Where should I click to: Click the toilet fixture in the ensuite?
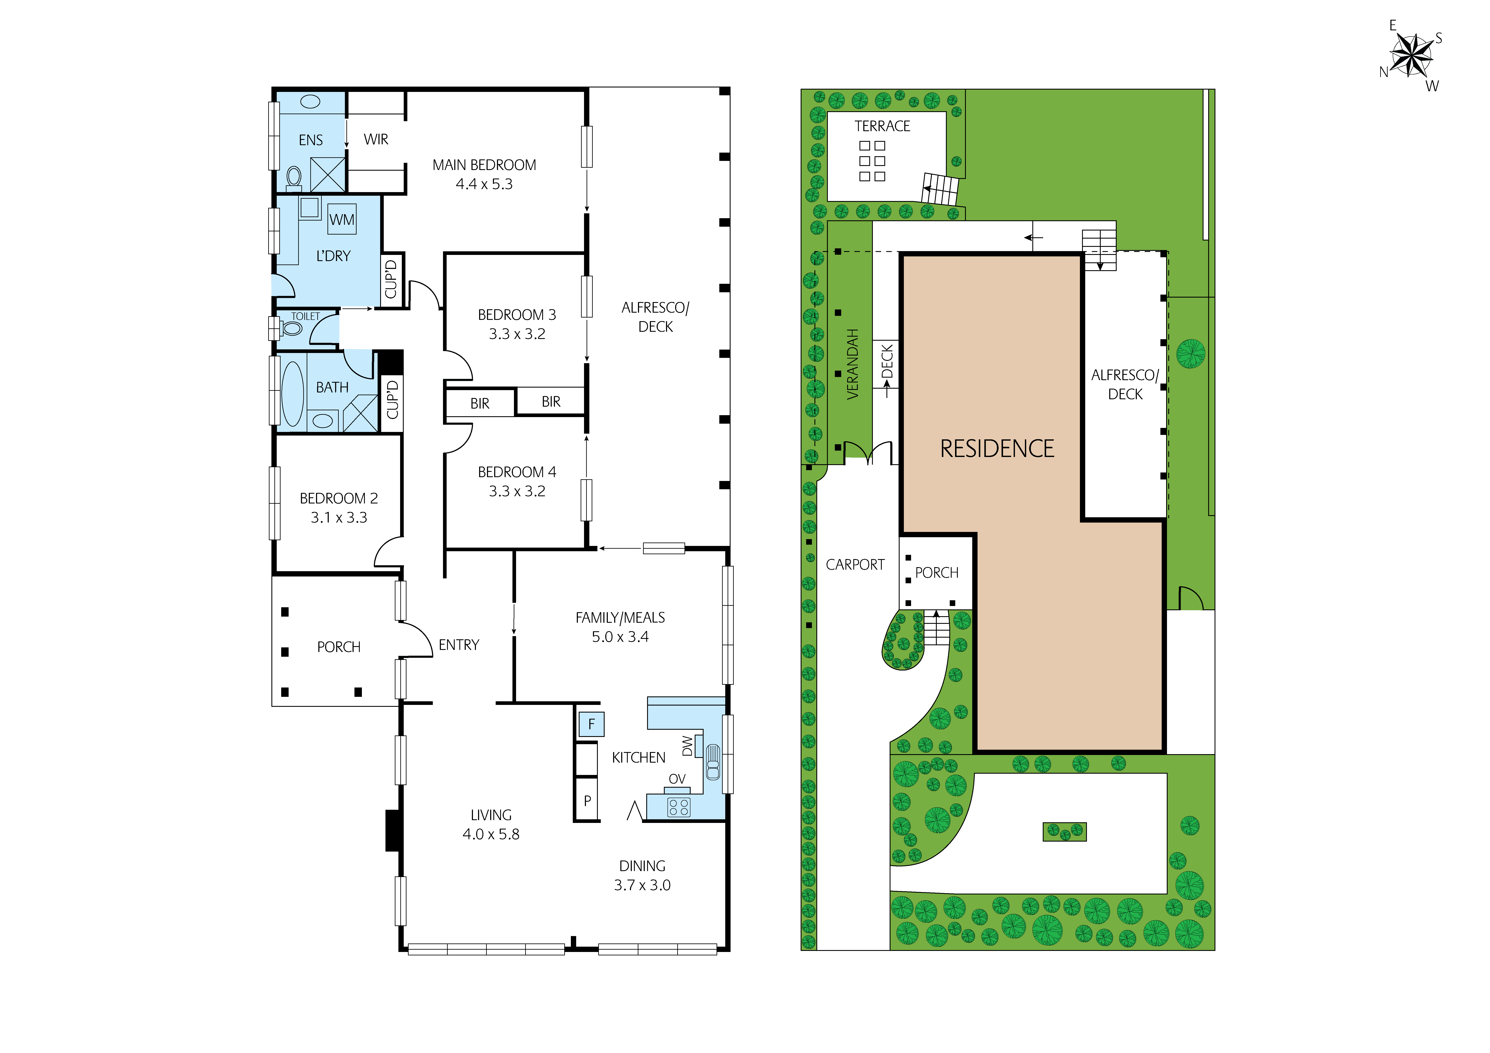294,177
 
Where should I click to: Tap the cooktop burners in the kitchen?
679,807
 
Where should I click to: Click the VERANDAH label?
853,364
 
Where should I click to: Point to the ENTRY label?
459,645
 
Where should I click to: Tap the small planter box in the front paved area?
1064,832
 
